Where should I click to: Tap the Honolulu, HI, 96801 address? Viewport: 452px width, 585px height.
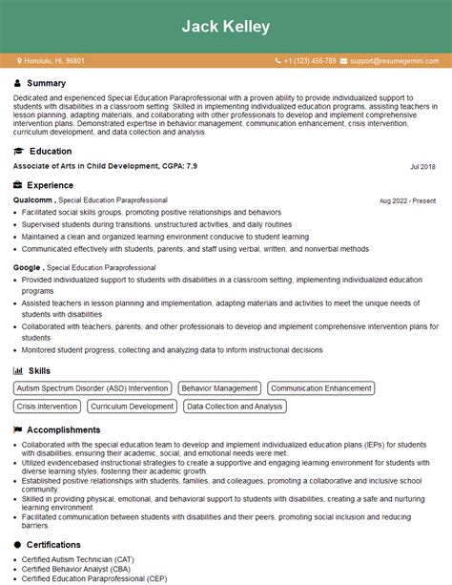click(x=54, y=61)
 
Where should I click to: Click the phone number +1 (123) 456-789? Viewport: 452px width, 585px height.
click(x=309, y=61)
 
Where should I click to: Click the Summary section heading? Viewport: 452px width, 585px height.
click(x=48, y=83)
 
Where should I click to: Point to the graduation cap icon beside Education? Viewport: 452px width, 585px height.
click(x=18, y=152)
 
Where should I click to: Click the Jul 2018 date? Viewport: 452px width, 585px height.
click(x=422, y=167)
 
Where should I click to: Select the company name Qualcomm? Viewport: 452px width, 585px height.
click(x=33, y=200)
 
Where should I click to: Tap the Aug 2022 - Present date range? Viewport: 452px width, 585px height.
click(x=407, y=201)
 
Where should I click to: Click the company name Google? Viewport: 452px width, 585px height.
click(x=27, y=268)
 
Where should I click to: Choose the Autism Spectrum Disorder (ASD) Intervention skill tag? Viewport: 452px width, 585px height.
click(x=92, y=388)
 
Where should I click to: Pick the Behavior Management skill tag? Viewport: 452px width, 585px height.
click(x=220, y=388)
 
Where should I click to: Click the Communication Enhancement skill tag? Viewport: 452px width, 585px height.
click(x=320, y=388)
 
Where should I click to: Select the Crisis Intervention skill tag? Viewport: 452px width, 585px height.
click(x=48, y=407)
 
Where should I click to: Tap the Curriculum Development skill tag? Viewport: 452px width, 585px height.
click(x=133, y=407)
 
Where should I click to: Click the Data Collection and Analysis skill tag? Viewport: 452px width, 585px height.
click(x=235, y=407)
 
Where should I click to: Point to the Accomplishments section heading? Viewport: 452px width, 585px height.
click(x=65, y=430)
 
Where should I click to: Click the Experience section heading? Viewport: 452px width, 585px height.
click(x=51, y=185)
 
